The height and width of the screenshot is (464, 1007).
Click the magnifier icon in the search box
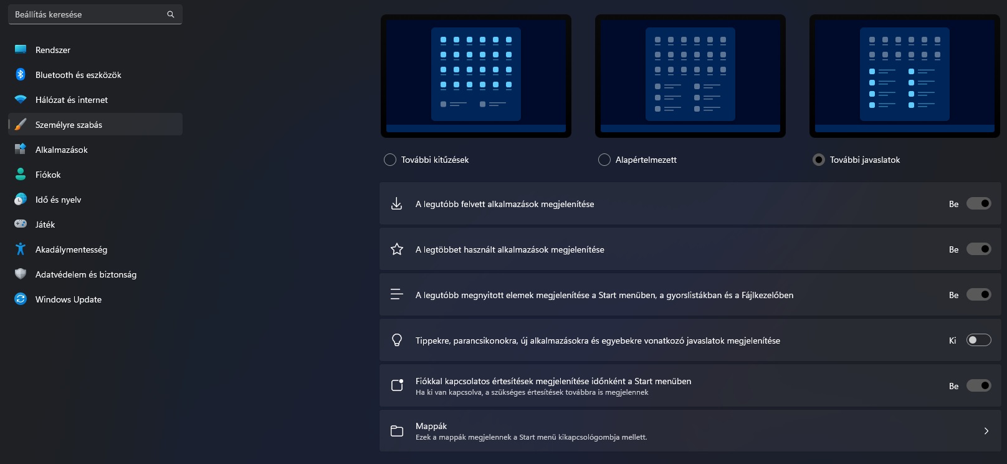pos(170,14)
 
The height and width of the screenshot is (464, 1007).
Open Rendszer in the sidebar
pos(52,50)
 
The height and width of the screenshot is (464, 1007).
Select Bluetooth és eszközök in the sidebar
pos(79,75)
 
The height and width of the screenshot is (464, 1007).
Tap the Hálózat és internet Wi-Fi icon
pos(20,99)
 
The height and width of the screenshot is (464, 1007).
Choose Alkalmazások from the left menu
pos(61,150)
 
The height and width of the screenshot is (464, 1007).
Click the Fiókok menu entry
pos(47,175)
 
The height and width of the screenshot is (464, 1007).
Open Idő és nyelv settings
pos(58,200)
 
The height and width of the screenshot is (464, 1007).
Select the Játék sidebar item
pos(45,225)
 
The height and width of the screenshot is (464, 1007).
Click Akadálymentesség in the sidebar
pos(71,249)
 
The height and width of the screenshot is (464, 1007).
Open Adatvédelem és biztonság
pos(86,274)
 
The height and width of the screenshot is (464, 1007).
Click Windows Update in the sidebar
pos(69,299)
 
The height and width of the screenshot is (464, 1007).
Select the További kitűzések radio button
pos(389,160)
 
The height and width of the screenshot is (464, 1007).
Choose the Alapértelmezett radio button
pos(604,160)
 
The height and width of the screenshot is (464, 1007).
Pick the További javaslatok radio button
pos(819,160)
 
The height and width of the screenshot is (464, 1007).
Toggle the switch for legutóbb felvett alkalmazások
pos(979,203)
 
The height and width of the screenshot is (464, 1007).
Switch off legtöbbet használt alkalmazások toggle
pos(979,249)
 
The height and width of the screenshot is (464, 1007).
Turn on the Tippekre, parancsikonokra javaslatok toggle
pos(979,340)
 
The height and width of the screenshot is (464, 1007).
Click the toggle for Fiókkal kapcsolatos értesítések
pos(979,385)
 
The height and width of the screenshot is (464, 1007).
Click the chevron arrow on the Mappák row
pos(986,431)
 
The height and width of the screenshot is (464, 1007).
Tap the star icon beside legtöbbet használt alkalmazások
pos(396,249)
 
